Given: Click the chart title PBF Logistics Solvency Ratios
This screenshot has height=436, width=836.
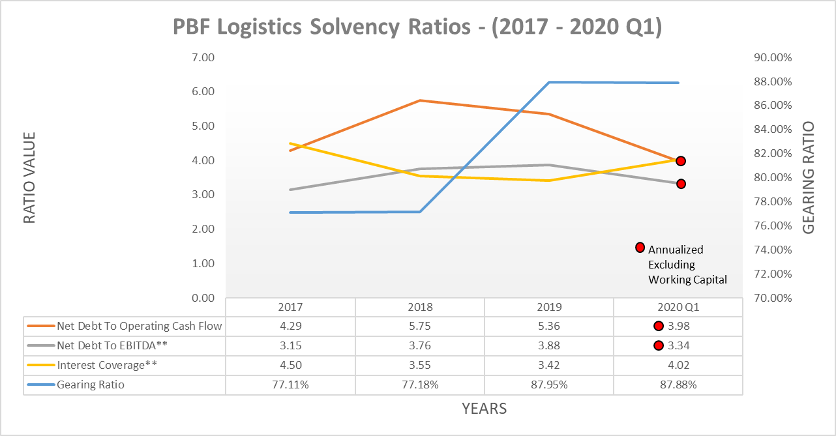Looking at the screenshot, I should pos(417,27).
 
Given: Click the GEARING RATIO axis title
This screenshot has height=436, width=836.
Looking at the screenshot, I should pos(809,177).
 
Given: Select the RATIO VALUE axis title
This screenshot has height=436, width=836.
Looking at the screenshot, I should pos(29,177).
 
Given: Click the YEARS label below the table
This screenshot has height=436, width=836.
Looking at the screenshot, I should pos(484,409).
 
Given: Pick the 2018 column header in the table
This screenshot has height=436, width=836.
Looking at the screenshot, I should pos(420,307).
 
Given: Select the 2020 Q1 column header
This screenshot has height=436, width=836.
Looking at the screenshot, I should pos(678,307).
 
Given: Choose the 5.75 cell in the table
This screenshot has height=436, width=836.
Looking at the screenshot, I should pos(420,326).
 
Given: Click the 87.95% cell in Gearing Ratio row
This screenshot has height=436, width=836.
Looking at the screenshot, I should pos(549,385).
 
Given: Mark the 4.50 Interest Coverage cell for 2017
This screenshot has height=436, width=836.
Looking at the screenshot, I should pos(290,365).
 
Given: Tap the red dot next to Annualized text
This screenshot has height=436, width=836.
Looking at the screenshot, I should pos(640,248).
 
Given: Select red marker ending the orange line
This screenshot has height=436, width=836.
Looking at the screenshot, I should pos(680,161).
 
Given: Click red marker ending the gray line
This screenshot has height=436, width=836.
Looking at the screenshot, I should pos(680,184).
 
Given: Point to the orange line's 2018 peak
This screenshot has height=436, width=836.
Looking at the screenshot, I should pos(420,100).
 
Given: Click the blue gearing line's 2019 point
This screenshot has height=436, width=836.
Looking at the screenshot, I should pos(549,82).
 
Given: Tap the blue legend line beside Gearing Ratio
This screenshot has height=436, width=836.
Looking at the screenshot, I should pos(40,385).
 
